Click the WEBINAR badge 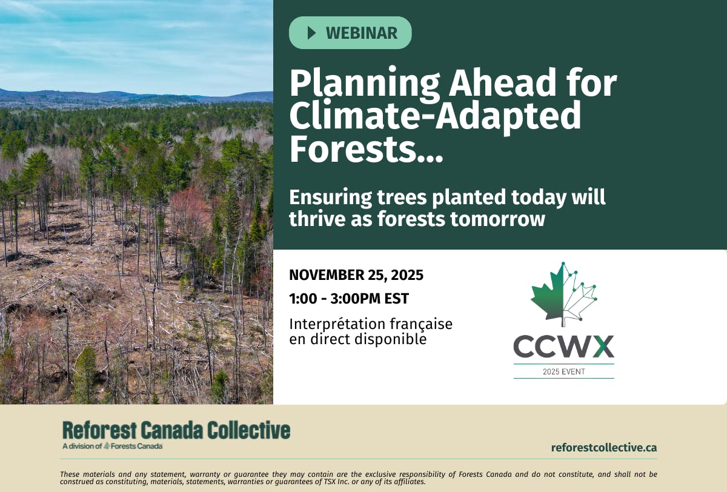click(350, 33)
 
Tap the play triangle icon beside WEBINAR click(312, 33)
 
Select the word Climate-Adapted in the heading click(435, 117)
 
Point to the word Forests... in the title click(366, 150)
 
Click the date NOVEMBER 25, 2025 click(356, 275)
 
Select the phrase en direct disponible click(357, 339)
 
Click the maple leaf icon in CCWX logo click(563, 294)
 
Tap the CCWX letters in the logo click(563, 347)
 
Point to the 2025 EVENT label click(563, 371)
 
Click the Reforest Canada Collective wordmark click(176, 430)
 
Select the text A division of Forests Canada click(113, 446)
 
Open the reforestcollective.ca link click(603, 448)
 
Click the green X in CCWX click(602, 347)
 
